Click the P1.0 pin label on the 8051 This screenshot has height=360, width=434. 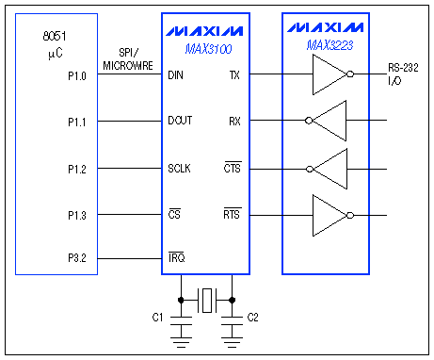(77, 74)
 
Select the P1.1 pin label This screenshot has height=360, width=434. (77, 122)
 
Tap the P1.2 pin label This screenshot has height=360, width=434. (77, 169)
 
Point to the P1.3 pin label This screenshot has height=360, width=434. (77, 216)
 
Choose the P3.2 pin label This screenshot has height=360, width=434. (77, 257)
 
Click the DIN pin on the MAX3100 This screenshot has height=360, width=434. (175, 74)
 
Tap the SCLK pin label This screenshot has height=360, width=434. (180, 169)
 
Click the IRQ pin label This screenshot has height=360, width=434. (175, 257)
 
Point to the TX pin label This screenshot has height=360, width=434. (234, 74)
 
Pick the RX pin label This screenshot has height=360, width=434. (234, 122)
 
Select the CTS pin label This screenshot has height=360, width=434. (232, 169)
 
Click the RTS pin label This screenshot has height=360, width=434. (232, 216)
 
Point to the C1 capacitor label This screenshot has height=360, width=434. (158, 317)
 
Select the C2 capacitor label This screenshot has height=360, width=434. (252, 317)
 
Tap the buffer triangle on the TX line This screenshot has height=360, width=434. (330, 74)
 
